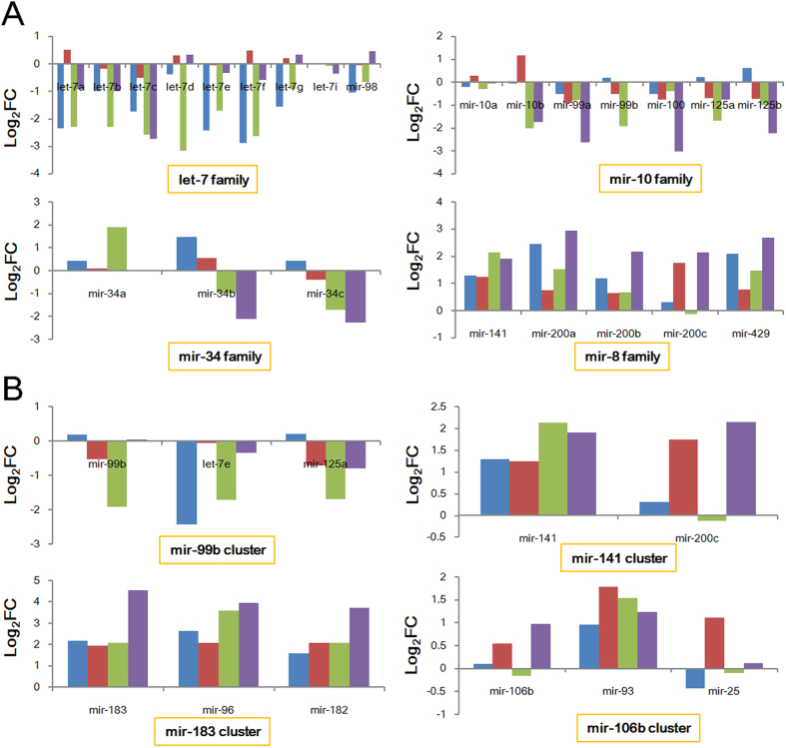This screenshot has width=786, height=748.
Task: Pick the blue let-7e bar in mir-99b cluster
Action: pyautogui.click(x=187, y=482)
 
